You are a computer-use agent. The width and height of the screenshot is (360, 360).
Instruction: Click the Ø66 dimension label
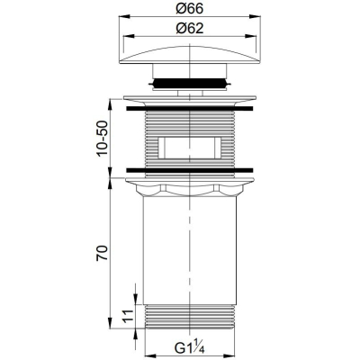click(190, 9)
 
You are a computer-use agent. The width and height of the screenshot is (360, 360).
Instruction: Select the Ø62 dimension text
click(190, 29)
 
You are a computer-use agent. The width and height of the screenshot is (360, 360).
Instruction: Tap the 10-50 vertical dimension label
click(102, 138)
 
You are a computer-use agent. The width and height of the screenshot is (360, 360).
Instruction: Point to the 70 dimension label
click(102, 253)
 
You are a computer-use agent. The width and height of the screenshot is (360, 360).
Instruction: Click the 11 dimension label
click(129, 316)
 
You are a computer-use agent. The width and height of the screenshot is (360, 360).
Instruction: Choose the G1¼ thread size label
click(190, 348)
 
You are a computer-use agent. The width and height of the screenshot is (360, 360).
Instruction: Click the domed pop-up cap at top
click(190, 54)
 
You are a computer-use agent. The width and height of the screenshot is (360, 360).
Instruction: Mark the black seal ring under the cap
click(190, 83)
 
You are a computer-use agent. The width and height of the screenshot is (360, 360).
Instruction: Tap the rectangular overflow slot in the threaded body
click(190, 148)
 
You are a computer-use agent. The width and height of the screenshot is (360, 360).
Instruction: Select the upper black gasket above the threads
click(190, 109)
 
